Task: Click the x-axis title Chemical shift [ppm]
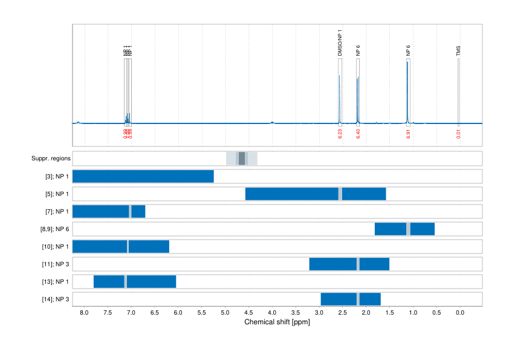277,322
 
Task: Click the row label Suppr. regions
51,159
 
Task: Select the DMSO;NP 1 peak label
340,43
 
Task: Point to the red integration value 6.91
408,134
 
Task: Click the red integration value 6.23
340,134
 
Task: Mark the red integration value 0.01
458,134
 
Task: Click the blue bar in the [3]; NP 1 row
143,177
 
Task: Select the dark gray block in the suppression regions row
242,159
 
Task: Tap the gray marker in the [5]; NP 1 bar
340,194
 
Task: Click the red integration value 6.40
358,134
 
